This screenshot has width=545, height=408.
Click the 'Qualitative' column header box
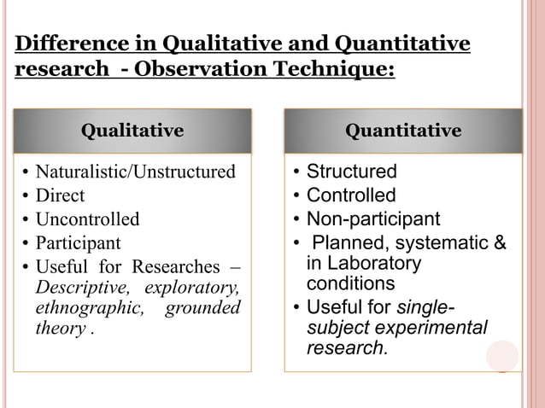coord(132,131)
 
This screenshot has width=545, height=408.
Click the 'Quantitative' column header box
coord(402,131)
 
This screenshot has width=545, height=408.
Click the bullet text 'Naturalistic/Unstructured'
coord(135,172)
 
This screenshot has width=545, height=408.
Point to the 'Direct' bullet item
coord(60,195)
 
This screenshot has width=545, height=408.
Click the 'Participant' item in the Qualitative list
coord(78,242)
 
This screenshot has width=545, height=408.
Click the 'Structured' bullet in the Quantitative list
coord(351,172)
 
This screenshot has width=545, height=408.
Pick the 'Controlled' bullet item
coord(351,195)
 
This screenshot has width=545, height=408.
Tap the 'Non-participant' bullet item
coord(373,219)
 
